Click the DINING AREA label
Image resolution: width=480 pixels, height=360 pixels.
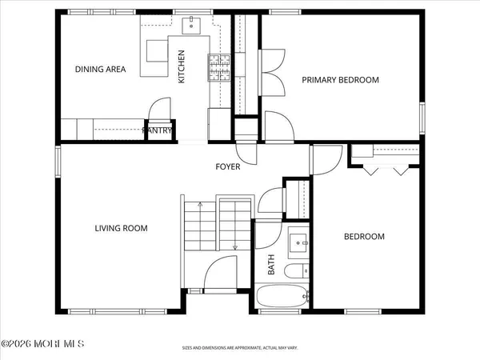point(101,70)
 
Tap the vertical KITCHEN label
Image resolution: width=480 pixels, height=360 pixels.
point(182,67)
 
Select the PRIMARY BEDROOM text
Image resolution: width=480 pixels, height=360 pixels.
point(339,80)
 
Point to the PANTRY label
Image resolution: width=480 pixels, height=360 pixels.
point(158,131)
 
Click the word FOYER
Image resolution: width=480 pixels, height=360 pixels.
point(230,167)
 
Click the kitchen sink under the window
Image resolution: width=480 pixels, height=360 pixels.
point(192,26)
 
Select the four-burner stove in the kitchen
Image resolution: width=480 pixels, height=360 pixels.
point(219,68)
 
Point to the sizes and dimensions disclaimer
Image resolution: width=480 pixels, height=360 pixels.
point(239,349)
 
